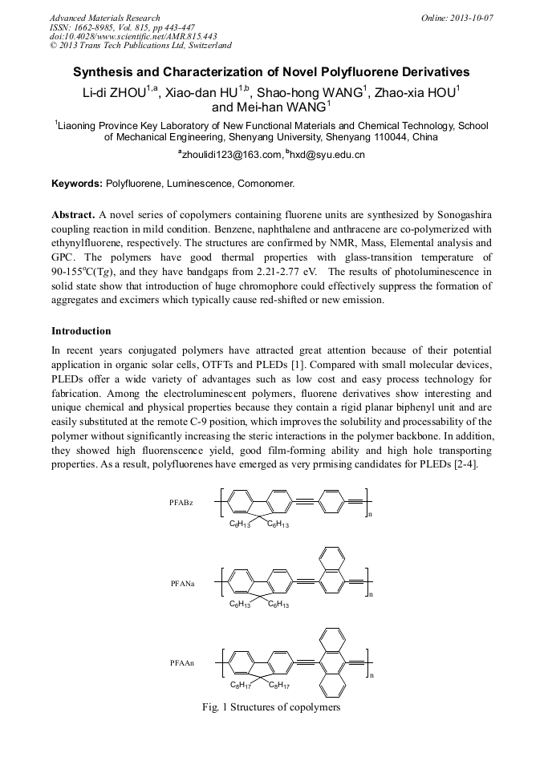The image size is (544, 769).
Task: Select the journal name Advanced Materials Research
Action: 104,18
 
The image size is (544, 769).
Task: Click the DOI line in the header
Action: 133,37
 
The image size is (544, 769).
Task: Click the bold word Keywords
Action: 77,184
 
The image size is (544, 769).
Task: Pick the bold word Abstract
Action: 73,216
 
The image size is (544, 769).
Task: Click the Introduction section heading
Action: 81,331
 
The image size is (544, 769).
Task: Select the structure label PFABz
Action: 181,503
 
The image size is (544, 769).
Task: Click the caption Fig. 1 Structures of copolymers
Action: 272,707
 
